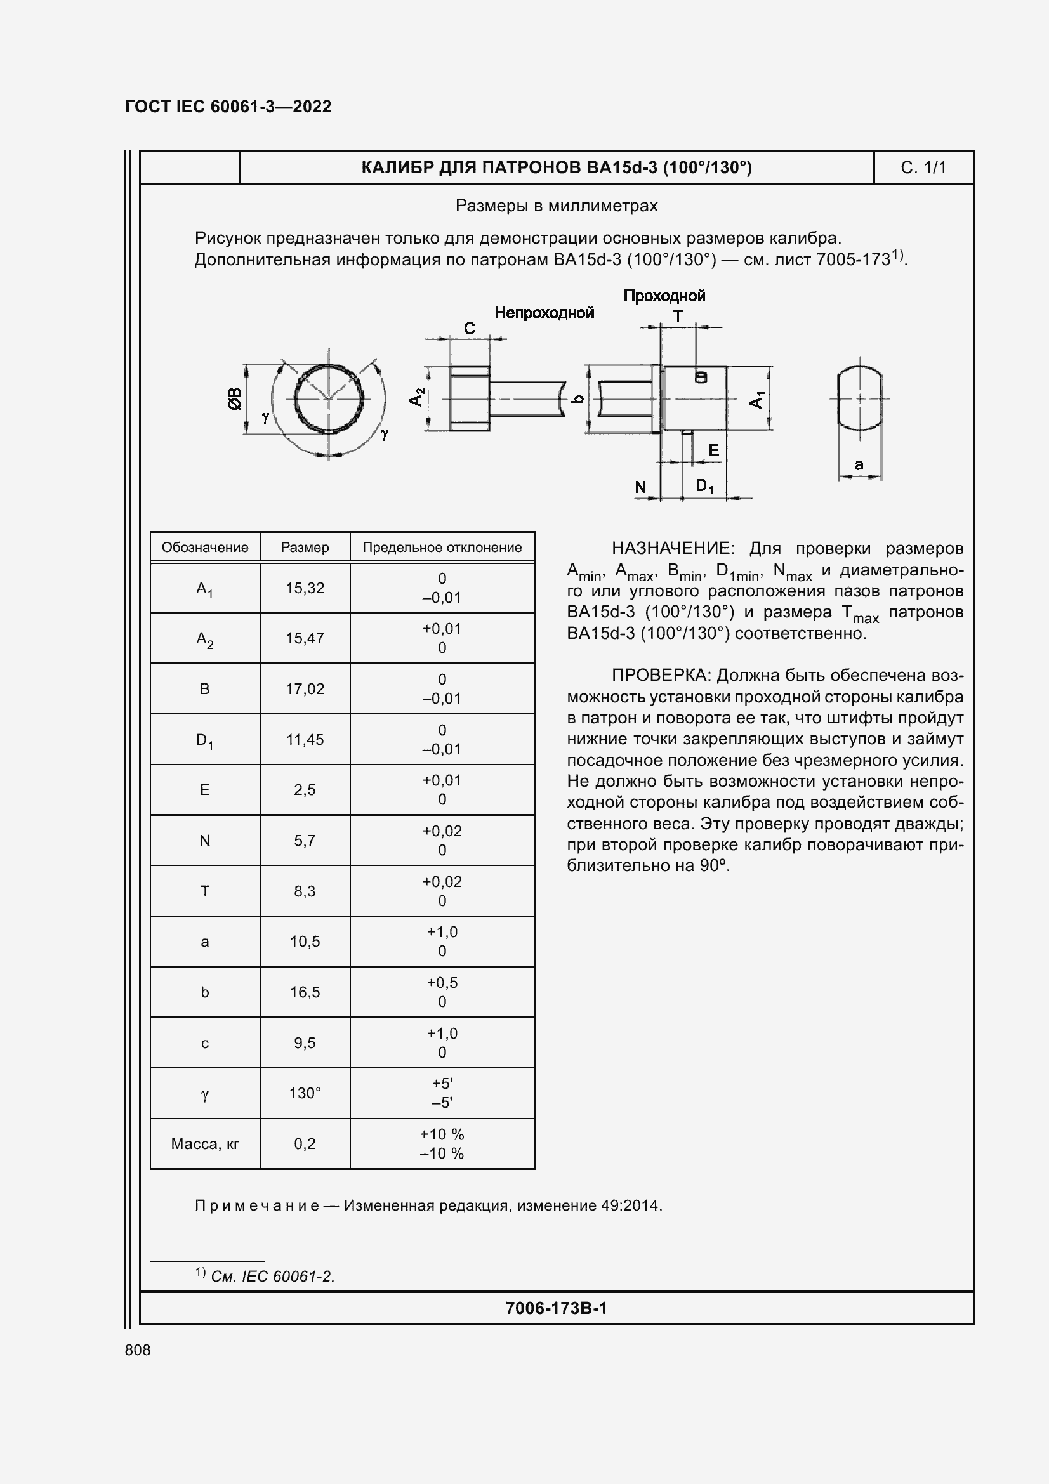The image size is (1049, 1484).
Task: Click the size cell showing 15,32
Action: pos(305,588)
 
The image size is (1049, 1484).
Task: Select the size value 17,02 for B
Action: pos(305,689)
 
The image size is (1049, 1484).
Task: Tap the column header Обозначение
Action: pos(205,548)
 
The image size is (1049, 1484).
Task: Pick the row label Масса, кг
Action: pos(205,1144)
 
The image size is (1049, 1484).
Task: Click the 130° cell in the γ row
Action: pos(305,1093)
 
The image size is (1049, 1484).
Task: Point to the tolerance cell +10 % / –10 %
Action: pos(442,1144)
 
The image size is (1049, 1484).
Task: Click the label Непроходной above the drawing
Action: pos(544,313)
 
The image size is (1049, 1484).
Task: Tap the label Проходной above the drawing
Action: pos(664,296)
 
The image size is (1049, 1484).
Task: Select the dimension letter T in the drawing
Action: pos(678,317)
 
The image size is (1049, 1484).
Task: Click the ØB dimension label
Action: pos(234,399)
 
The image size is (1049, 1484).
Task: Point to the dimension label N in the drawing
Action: pos(640,487)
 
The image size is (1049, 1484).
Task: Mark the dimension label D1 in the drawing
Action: pos(704,486)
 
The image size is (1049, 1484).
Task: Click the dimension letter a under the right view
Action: pos(859,464)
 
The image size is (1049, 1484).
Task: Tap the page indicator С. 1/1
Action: pos(923,168)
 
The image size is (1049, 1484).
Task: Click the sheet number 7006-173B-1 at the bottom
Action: pos(556,1309)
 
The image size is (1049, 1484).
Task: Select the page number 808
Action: pos(138,1350)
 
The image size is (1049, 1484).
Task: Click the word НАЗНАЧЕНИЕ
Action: pos(672,549)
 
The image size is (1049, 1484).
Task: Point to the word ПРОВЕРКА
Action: pos(661,676)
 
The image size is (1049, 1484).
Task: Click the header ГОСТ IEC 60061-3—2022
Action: pos(228,107)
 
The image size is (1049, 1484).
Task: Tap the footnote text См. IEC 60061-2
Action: pos(272,1277)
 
